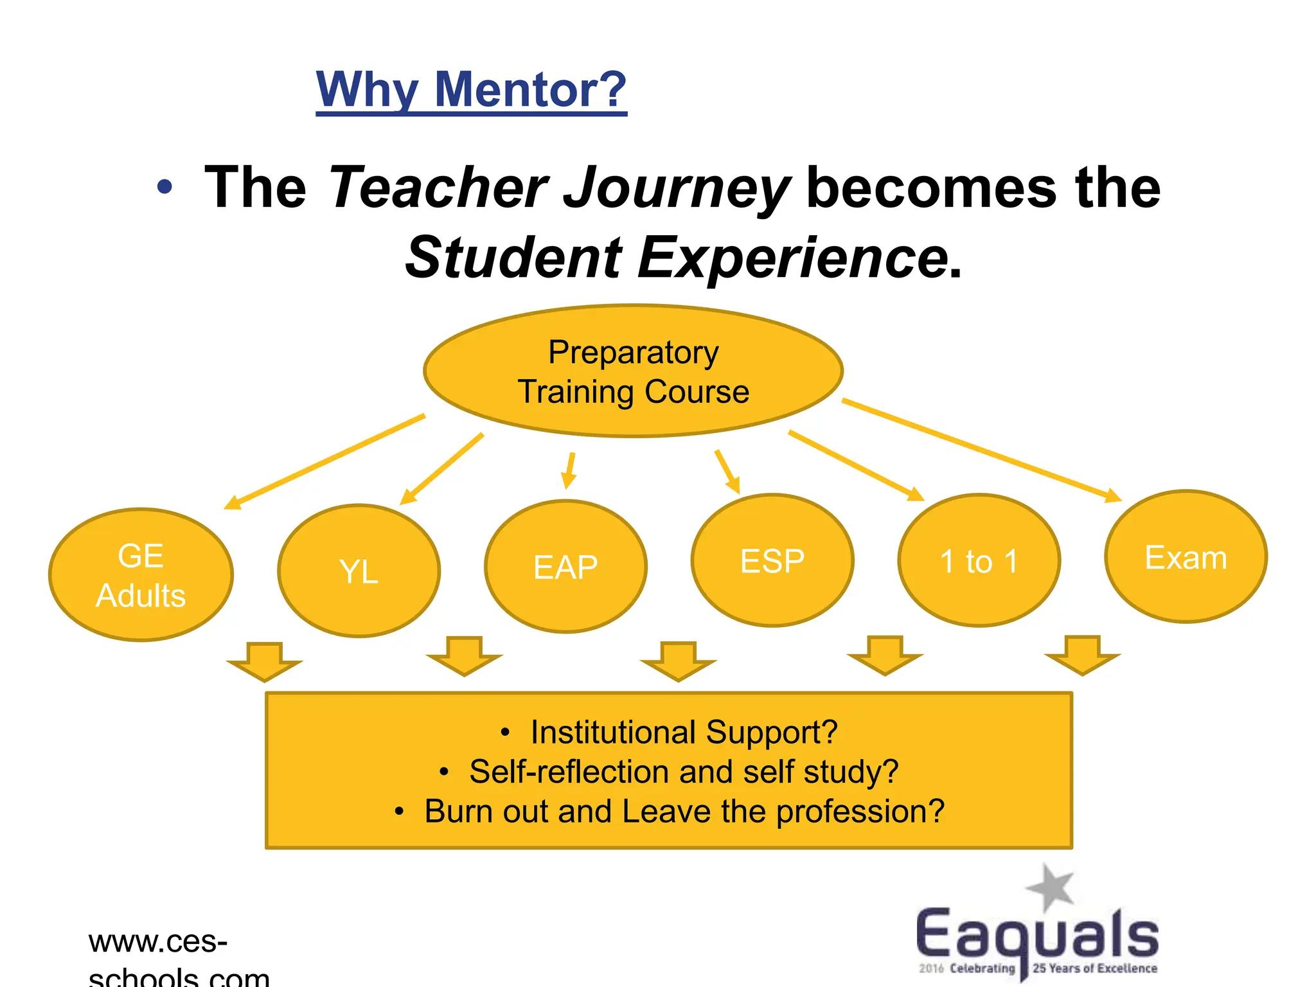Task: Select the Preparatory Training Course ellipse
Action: [x=633, y=371]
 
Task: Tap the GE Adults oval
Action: [x=141, y=575]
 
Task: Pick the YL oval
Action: [x=359, y=571]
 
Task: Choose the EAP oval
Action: [x=565, y=567]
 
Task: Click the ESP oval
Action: [x=772, y=560]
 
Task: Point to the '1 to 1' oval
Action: [x=979, y=560]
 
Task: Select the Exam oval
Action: [x=1186, y=557]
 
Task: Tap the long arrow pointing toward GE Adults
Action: [x=325, y=461]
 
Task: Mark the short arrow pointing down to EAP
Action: [x=569, y=470]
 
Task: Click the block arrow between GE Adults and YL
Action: [x=264, y=661]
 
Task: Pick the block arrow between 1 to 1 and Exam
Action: [x=1082, y=655]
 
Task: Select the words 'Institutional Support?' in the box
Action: [x=684, y=733]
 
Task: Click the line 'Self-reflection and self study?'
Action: [x=683, y=772]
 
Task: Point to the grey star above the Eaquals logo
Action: [x=1050, y=887]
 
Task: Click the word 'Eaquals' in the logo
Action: [x=1036, y=934]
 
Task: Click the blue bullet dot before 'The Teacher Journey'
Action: [x=165, y=187]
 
